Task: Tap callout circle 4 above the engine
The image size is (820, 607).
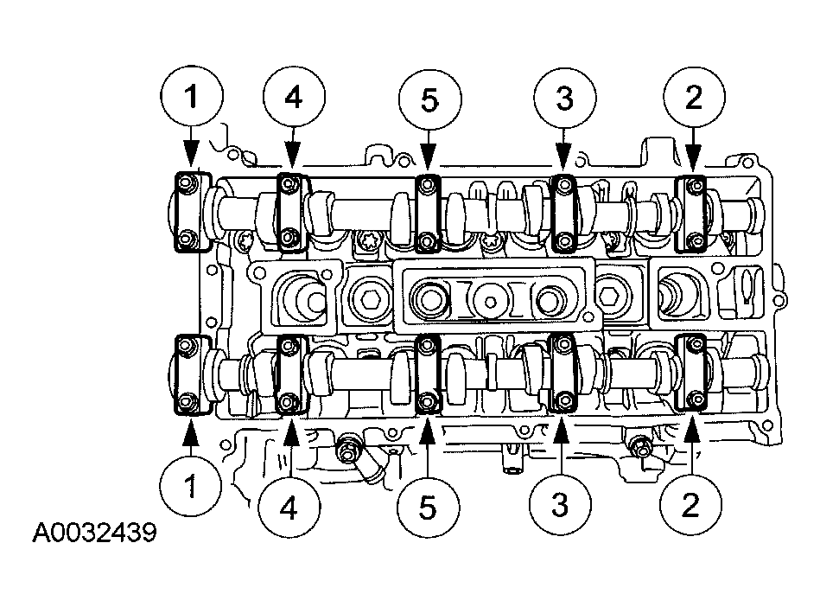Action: coord(293,99)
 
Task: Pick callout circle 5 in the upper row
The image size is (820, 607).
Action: coord(429,99)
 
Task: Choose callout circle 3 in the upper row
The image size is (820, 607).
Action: coord(563,99)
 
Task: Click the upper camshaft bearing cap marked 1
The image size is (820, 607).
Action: coord(188,211)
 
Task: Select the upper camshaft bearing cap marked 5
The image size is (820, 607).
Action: coord(428,211)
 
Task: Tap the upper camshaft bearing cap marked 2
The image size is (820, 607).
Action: coord(694,211)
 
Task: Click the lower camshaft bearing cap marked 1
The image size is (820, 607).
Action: coord(188,374)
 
